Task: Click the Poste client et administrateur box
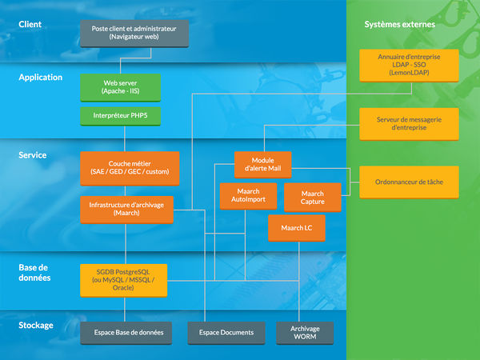134,33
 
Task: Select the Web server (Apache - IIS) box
121,87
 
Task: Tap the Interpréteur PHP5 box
121,116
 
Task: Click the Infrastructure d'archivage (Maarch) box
126,209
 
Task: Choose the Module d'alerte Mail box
262,165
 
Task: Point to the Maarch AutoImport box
248,196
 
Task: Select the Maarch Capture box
313,197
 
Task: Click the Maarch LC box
297,228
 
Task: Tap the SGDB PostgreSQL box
123,280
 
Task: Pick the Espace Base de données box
127,332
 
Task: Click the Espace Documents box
225,332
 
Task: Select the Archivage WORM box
305,333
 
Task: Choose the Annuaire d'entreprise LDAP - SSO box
409,65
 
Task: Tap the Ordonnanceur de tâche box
409,182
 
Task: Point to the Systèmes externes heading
400,25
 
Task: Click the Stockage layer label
36,326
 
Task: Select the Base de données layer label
34,272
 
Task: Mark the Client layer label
30,25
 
